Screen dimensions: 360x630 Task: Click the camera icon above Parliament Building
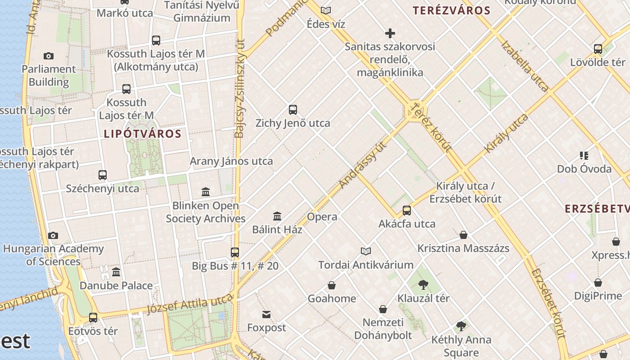tap(49, 56)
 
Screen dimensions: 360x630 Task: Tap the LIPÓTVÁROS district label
tap(142, 134)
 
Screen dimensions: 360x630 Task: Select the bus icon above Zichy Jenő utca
tap(293, 109)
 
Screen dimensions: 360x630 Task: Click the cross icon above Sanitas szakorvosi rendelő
tap(390, 33)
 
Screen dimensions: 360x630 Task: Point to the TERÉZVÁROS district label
tap(451, 11)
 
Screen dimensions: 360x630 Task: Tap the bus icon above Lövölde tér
tap(598, 49)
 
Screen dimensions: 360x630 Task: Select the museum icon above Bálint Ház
tap(277, 216)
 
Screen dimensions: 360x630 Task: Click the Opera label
tap(322, 217)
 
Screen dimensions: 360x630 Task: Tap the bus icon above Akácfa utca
tap(407, 210)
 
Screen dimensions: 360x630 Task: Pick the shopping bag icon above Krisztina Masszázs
tap(463, 234)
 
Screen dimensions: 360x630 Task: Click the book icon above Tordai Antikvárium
tap(366, 251)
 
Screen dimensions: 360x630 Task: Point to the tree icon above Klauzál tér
tap(423, 284)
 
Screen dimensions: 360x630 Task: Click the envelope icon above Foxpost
tap(266, 314)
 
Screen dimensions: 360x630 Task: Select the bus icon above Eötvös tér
tap(93, 317)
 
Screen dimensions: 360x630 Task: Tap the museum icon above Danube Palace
tap(116, 272)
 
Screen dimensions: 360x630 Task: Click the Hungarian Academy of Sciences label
tap(53, 255)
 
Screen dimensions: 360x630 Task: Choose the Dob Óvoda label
tap(584, 169)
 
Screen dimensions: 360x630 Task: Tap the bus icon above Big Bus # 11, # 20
tap(235, 252)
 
